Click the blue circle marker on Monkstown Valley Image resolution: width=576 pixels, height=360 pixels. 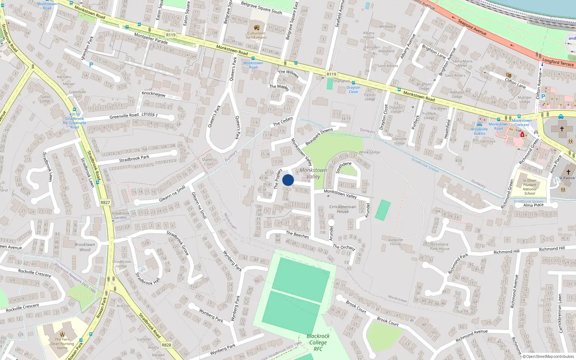click(x=288, y=180)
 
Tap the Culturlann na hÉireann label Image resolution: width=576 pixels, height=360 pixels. click(x=256, y=35)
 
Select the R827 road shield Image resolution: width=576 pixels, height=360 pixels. click(x=105, y=202)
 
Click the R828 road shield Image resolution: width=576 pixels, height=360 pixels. click(x=166, y=345)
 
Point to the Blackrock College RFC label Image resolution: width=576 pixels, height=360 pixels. click(x=318, y=342)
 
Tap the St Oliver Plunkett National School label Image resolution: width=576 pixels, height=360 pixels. click(x=530, y=187)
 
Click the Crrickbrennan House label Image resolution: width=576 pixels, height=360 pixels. click(x=343, y=209)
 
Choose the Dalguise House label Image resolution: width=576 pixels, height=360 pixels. click(x=395, y=242)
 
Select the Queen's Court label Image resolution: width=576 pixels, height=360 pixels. click(x=209, y=162)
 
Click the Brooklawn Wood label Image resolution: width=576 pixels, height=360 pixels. click(x=85, y=247)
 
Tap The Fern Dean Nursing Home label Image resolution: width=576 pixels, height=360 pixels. click(x=62, y=343)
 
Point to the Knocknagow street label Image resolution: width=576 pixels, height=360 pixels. click(x=154, y=94)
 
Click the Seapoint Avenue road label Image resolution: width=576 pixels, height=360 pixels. click(x=472, y=27)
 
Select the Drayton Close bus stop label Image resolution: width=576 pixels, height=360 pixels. click(x=353, y=90)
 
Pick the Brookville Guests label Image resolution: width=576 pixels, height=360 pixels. click(x=480, y=131)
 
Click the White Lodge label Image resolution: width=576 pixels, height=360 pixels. click(x=369, y=152)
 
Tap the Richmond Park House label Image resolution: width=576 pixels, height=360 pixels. click(x=440, y=246)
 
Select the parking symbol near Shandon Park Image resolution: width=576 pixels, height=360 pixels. click(x=91, y=65)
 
